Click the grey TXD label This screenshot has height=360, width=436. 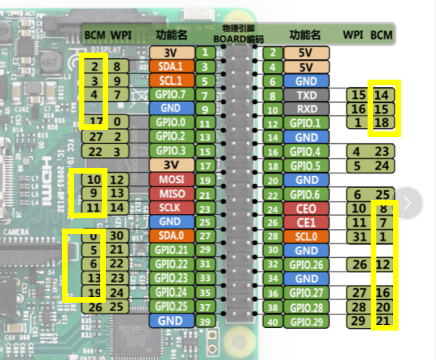(305, 95)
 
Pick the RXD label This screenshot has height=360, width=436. (305, 108)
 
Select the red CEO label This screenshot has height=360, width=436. (305, 209)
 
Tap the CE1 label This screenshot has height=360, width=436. (305, 222)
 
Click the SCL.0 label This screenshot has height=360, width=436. (305, 237)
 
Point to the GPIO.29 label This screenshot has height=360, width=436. (305, 322)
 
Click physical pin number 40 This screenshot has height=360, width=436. (272, 322)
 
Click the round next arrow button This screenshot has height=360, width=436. (408, 202)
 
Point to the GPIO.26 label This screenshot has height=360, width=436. (305, 264)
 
